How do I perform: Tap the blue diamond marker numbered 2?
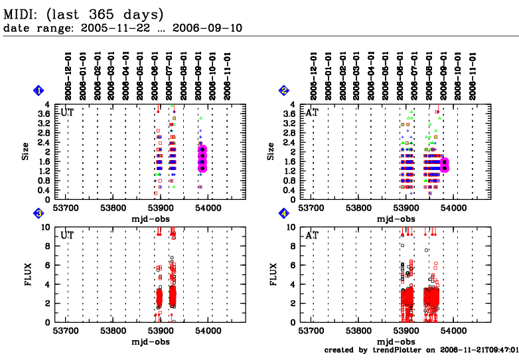coord(284,90)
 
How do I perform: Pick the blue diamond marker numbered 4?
coord(284,213)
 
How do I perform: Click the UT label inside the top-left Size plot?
coord(67,112)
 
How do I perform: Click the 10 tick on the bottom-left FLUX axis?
coord(44,227)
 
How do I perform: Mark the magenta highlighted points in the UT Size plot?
coord(202,158)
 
